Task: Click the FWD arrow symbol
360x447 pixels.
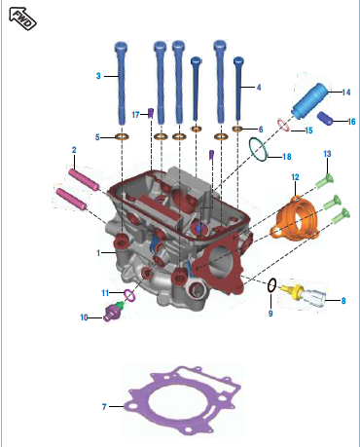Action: pyautogui.click(x=22, y=19)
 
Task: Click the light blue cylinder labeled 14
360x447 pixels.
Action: pyautogui.click(x=310, y=101)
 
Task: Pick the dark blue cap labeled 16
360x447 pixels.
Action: pyautogui.click(x=325, y=119)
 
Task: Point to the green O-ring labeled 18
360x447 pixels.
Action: pyautogui.click(x=250, y=144)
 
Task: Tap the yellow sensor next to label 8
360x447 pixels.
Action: pyautogui.click(x=292, y=290)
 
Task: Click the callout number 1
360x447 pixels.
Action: pyautogui.click(x=98, y=252)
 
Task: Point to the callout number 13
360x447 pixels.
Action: pyautogui.click(x=327, y=154)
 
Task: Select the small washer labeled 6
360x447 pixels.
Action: pyautogui.click(x=237, y=129)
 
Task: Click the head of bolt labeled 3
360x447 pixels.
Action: pyautogui.click(x=121, y=47)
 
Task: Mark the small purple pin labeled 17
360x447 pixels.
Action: pyautogui.click(x=150, y=113)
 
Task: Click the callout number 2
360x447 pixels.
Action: pyautogui.click(x=74, y=150)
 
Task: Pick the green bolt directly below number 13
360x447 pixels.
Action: pyautogui.click(x=325, y=180)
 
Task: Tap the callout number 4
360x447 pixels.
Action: pyautogui.click(x=259, y=88)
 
